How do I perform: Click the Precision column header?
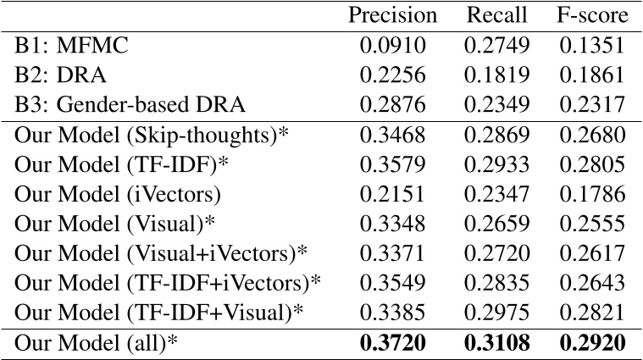point(393,15)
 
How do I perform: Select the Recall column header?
point(496,15)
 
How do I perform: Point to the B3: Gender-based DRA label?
point(130,105)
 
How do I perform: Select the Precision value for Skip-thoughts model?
point(393,136)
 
